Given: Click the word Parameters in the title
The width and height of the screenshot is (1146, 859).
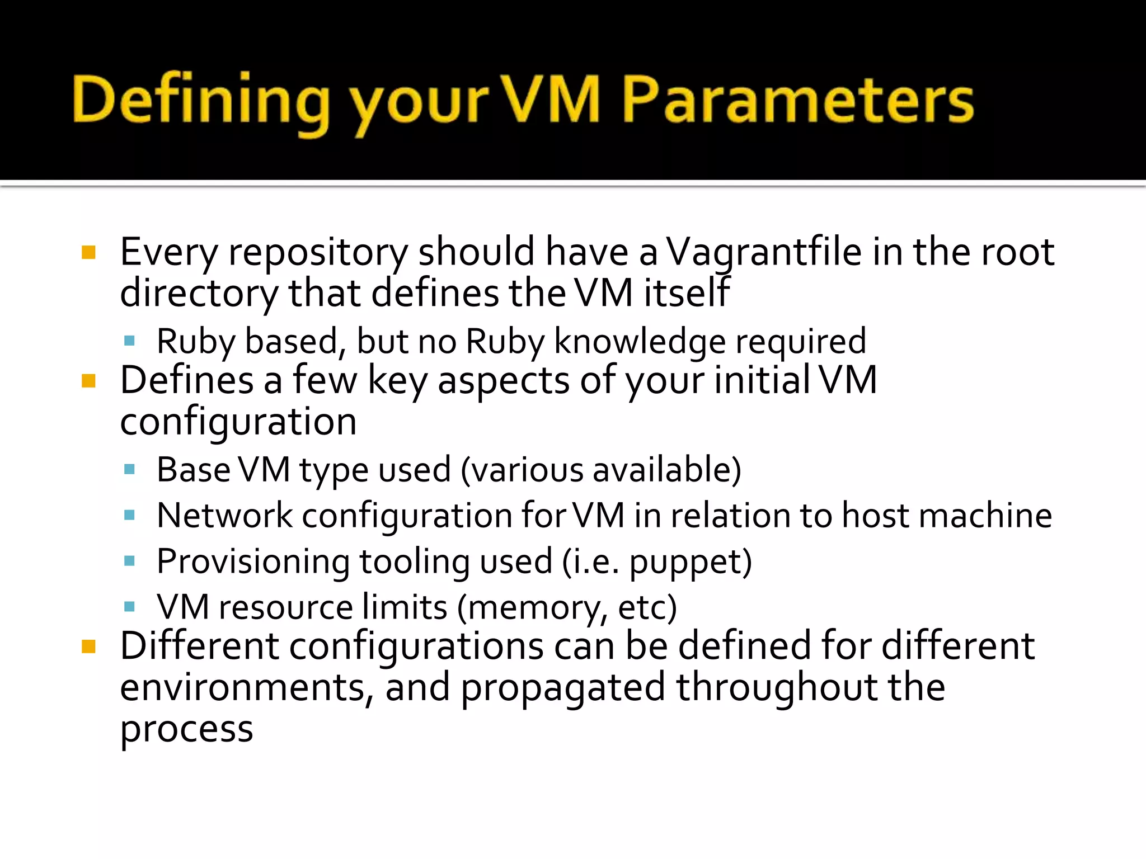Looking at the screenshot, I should [797, 101].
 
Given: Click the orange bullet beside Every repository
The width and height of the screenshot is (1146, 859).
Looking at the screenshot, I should [88, 253].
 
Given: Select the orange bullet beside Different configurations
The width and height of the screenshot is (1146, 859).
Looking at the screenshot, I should [88, 647].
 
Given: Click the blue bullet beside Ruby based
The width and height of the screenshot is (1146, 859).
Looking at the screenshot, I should [130, 341].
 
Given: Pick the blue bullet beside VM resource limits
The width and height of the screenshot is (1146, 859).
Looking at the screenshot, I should [130, 607].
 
